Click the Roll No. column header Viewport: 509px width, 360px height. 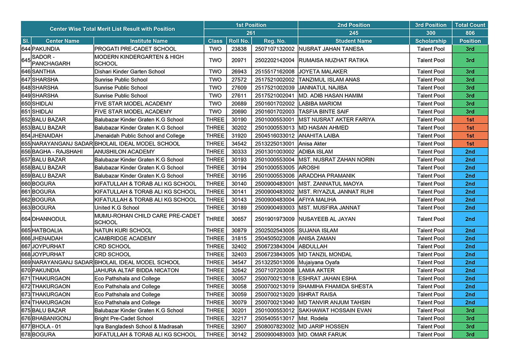239,41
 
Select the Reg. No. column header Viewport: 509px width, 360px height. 274,41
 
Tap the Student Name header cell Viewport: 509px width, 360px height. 353,41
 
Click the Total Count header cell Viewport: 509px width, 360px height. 470,25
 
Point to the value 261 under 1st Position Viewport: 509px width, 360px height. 251,33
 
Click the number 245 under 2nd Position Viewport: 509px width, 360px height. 353,33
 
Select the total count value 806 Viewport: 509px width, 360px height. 470,33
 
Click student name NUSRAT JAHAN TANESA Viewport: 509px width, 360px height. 331,49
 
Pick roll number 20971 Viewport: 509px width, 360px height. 239,60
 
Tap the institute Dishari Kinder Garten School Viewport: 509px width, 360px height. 129,72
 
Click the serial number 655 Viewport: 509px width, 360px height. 26,144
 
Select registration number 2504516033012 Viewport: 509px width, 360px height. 274,136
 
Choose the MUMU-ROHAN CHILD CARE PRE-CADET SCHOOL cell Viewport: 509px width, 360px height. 147,219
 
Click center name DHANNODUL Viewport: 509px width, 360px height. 50,219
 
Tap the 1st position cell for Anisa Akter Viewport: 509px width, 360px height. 470,144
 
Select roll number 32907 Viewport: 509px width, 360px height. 239,327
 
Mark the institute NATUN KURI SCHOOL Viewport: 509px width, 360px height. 123,231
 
